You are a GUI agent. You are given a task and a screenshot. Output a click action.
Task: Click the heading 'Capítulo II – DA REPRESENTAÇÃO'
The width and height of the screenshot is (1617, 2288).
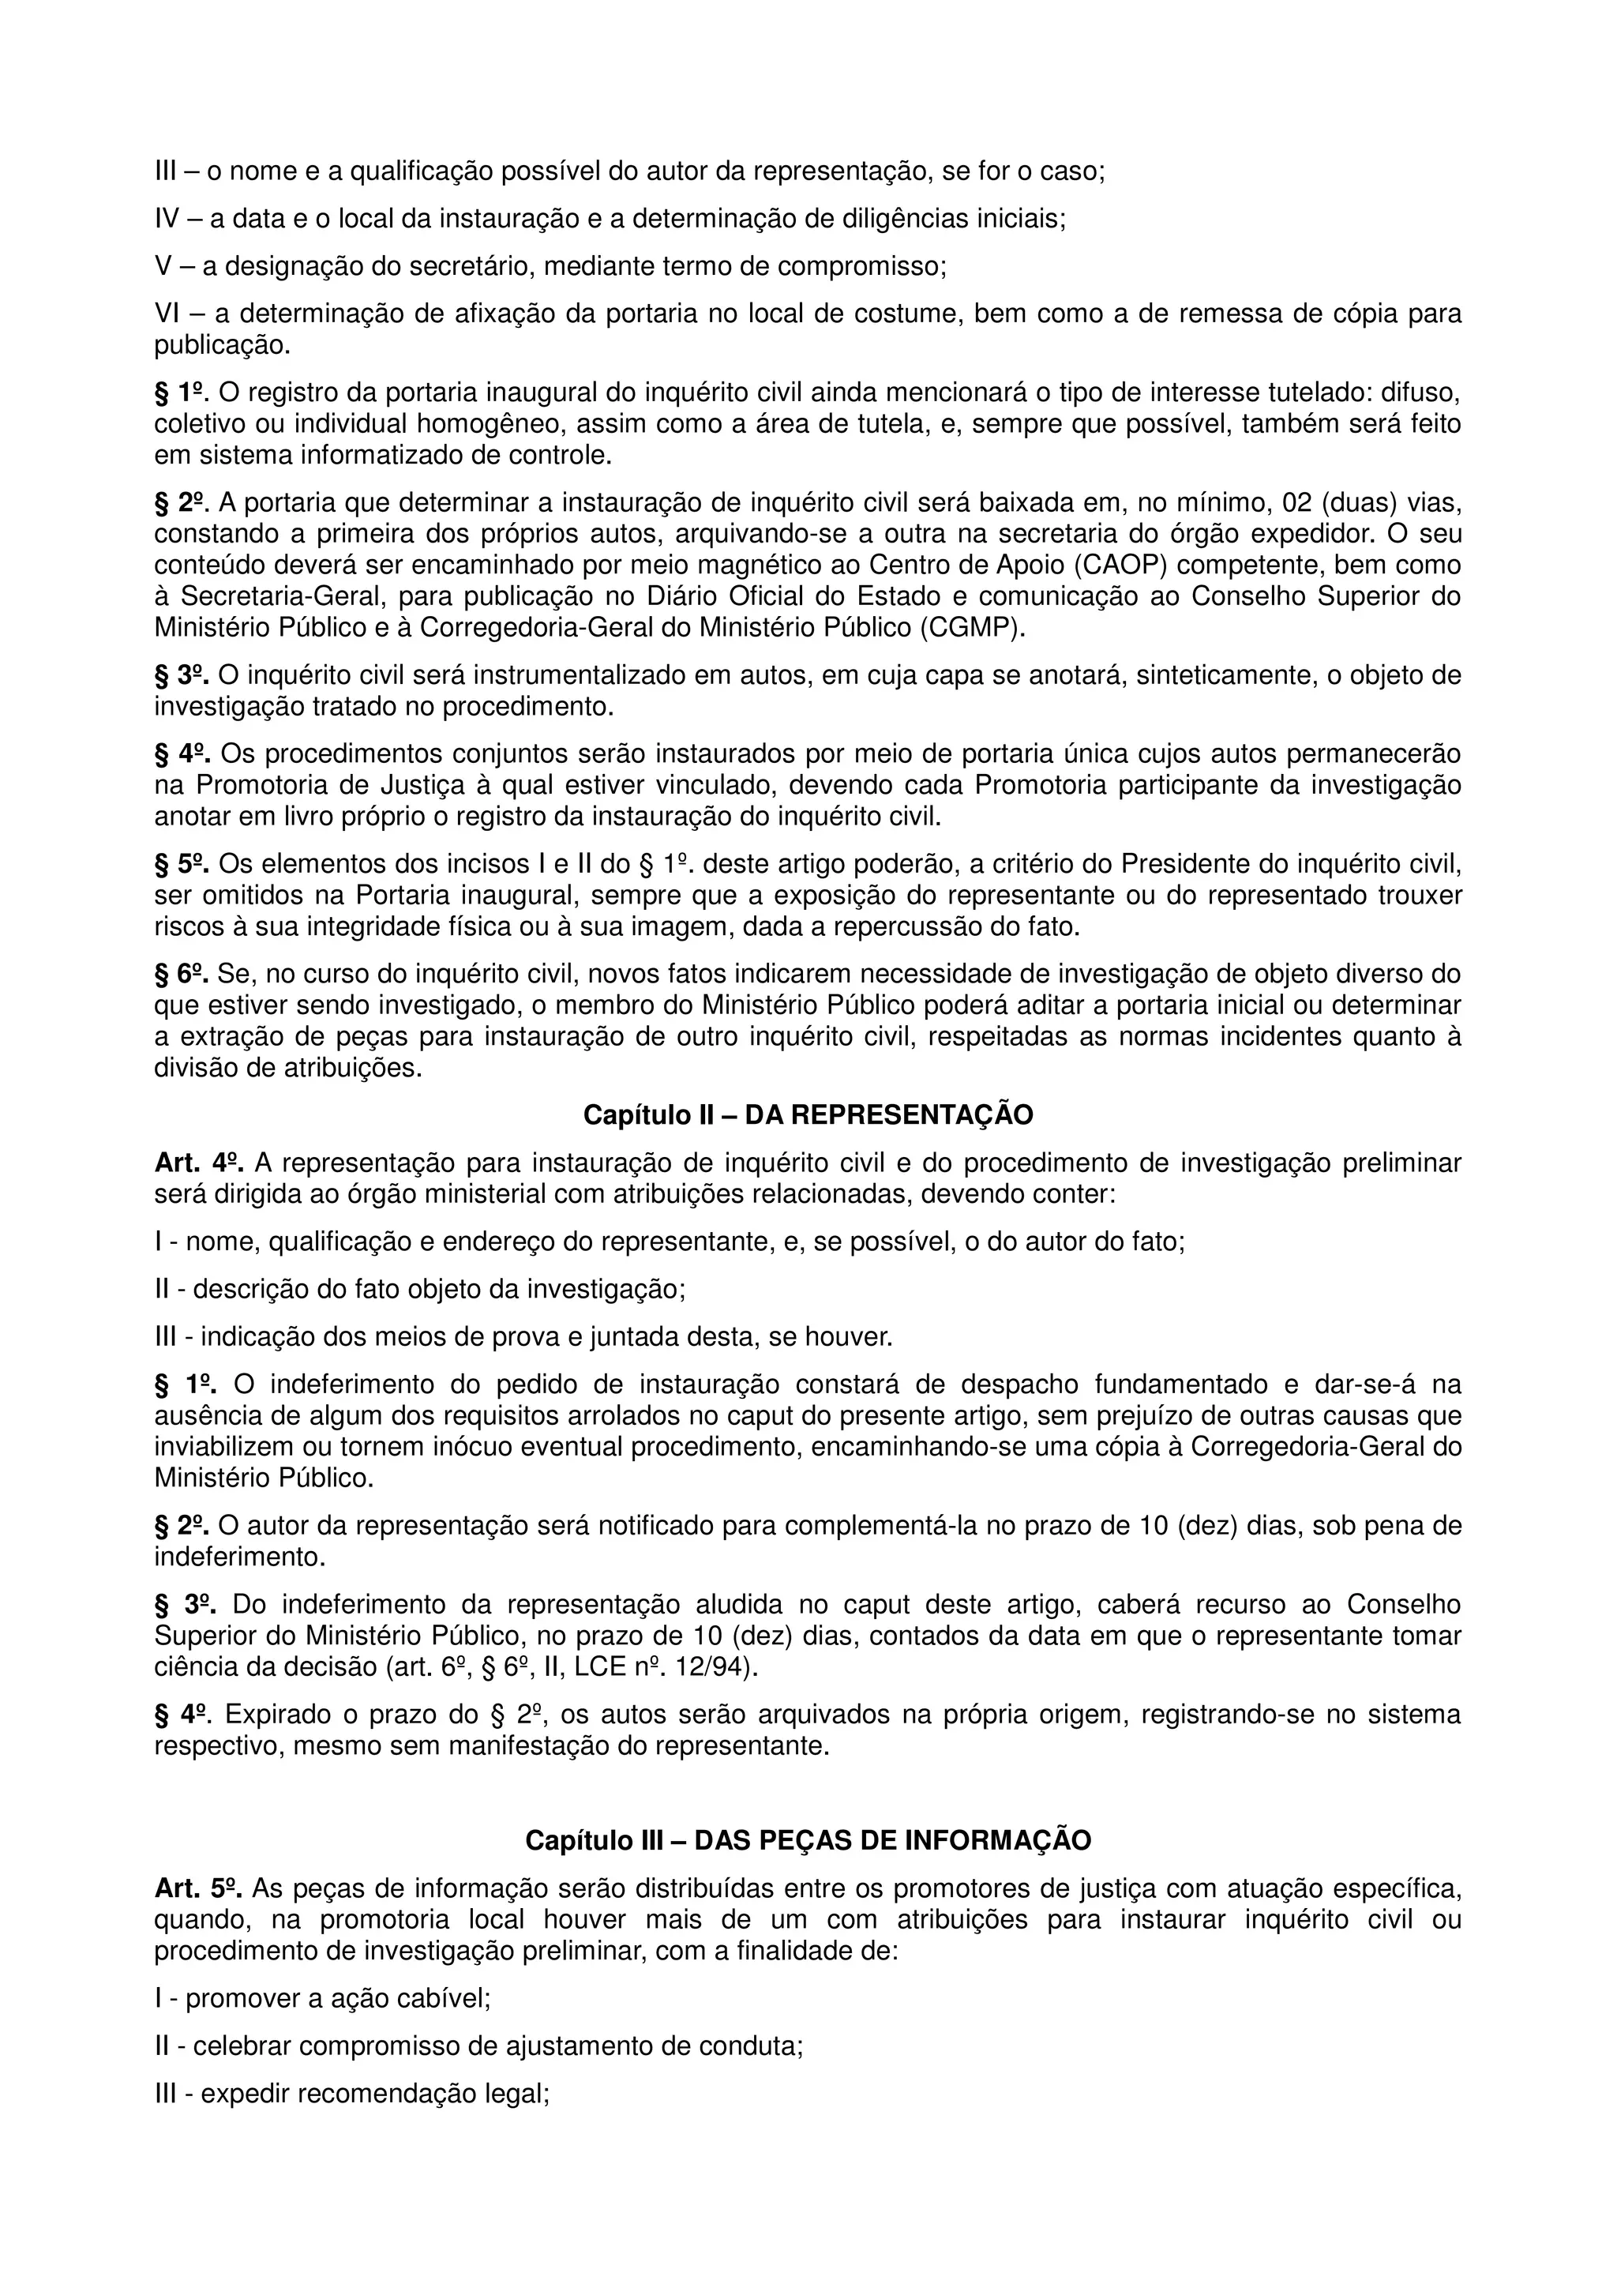pos(808,1115)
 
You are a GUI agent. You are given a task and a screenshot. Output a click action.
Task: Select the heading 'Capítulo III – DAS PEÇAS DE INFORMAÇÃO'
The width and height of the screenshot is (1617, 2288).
pos(808,1839)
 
